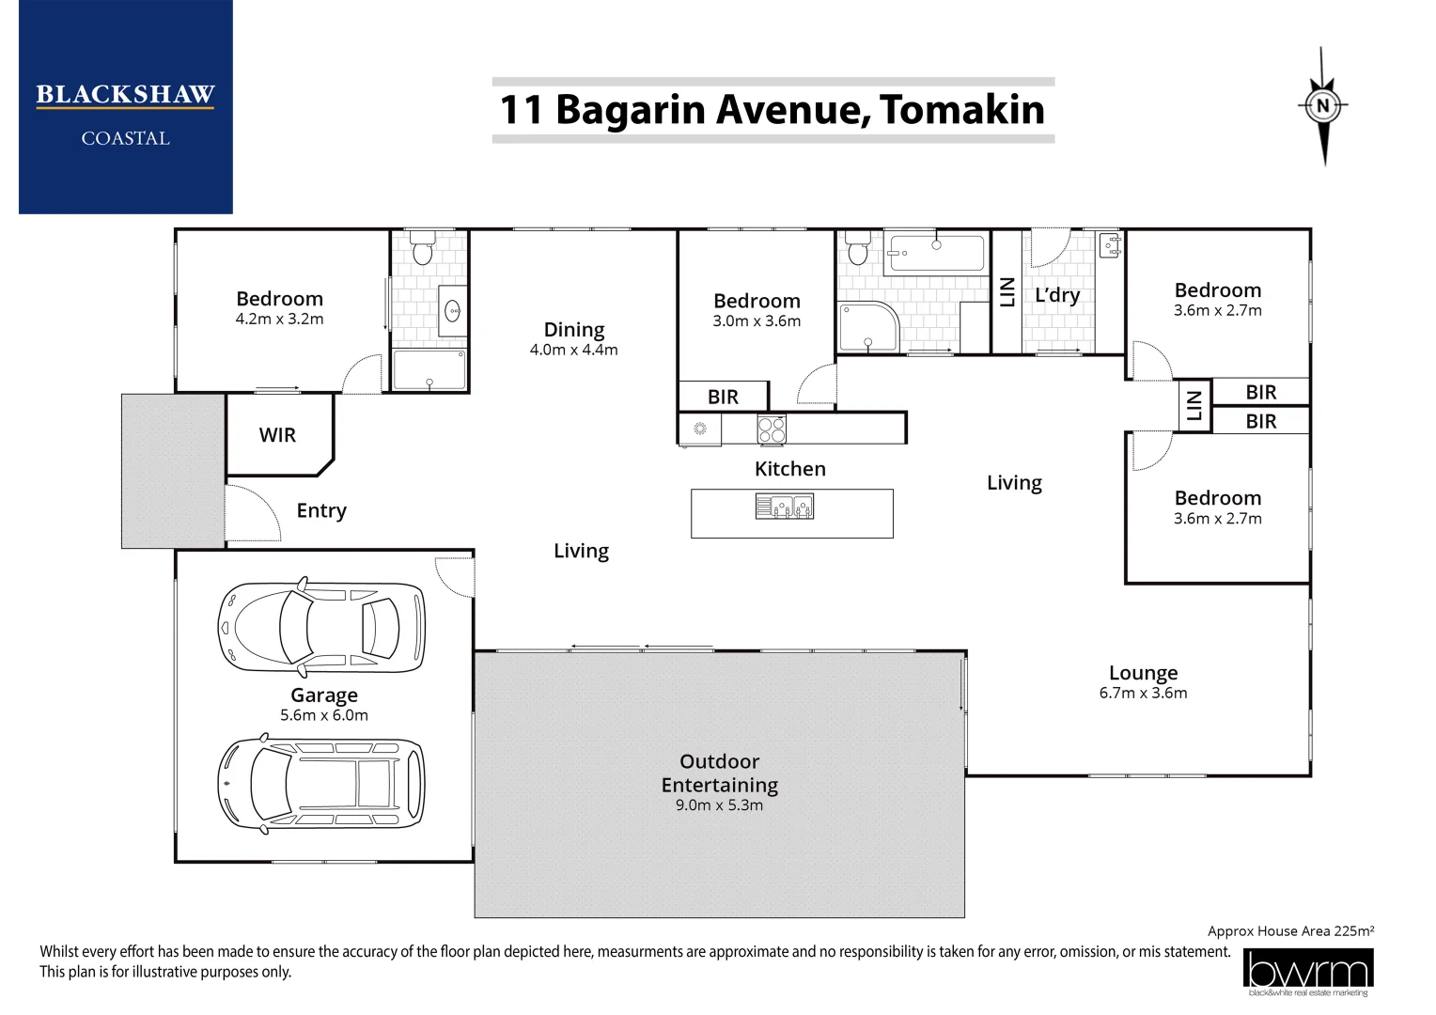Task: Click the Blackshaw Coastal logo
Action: click(126, 106)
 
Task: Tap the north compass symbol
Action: click(1323, 106)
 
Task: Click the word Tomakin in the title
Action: click(961, 110)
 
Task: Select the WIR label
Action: click(277, 435)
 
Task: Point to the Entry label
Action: click(321, 510)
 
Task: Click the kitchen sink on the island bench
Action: click(785, 506)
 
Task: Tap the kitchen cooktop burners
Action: click(772, 429)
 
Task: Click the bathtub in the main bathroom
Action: click(937, 253)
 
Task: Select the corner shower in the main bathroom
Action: click(868, 328)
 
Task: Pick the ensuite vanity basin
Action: click(453, 312)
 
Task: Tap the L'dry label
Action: click(1057, 295)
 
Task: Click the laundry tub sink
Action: click(1110, 245)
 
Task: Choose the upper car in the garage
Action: click(321, 627)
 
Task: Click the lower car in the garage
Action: click(321, 784)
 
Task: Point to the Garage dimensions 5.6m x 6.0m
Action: click(323, 715)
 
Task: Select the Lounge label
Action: click(1143, 673)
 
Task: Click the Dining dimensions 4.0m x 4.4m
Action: click(574, 350)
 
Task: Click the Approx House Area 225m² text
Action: click(1290, 931)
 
